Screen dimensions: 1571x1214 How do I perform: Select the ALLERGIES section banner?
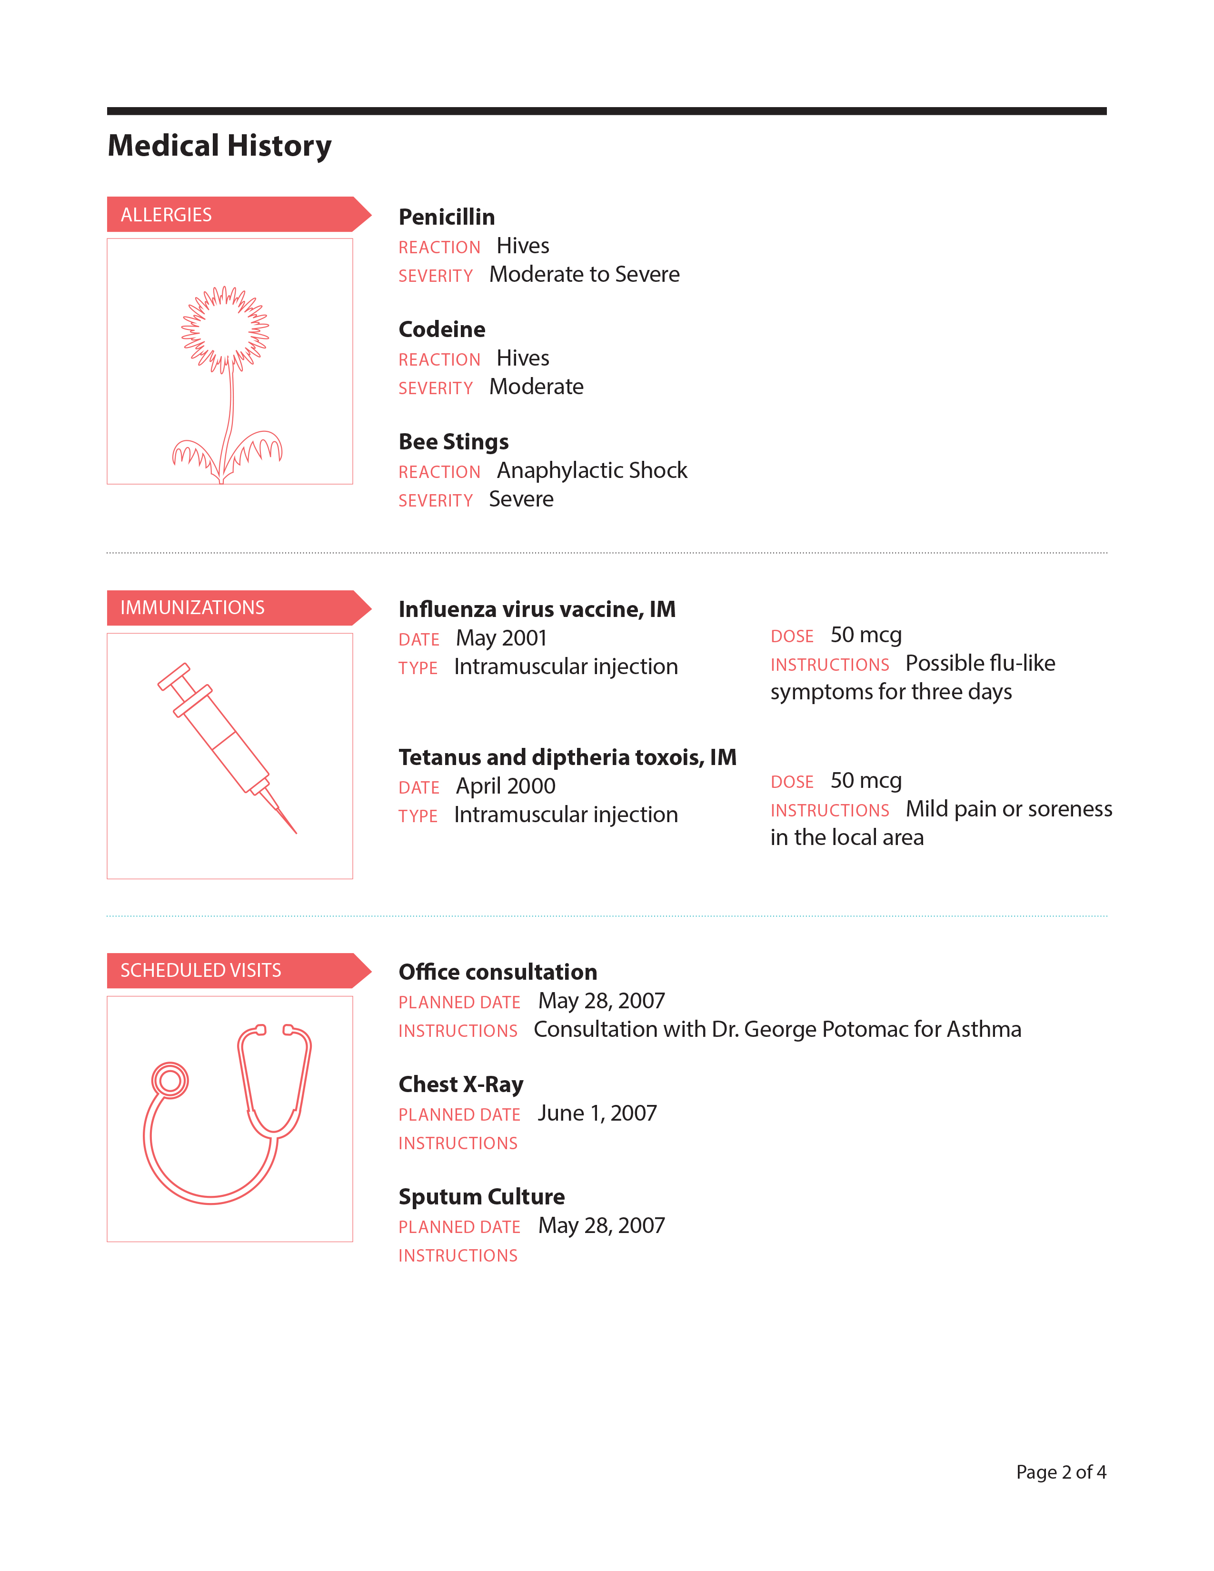point(230,214)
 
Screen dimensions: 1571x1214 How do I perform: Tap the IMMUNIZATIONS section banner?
point(230,608)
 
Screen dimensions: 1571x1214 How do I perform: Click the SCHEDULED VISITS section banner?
point(230,970)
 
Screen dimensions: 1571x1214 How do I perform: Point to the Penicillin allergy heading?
point(447,217)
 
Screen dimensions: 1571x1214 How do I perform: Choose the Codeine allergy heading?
point(442,329)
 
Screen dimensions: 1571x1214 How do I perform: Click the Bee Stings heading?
point(453,442)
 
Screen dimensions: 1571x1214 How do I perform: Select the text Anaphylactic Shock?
point(592,470)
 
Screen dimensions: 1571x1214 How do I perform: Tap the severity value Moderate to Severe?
point(584,275)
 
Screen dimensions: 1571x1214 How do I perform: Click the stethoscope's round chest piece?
point(170,1081)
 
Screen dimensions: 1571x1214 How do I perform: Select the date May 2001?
point(501,638)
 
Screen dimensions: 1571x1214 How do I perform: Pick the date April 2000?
point(506,786)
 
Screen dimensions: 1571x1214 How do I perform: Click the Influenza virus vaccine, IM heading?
point(537,609)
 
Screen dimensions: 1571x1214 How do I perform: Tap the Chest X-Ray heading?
point(461,1084)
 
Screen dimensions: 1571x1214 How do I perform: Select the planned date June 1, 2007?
point(597,1114)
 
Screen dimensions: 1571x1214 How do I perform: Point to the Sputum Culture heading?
point(481,1196)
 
